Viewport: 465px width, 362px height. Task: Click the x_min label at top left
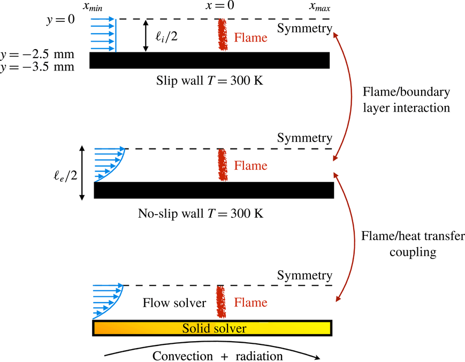[x=100, y=7]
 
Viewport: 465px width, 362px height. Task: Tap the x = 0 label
[x=219, y=6]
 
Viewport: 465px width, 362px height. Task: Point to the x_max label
[x=321, y=7]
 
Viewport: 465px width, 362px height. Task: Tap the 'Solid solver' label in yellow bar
[x=214, y=328]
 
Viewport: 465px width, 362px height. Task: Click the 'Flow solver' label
[x=174, y=303]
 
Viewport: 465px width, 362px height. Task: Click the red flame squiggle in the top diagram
[x=221, y=35]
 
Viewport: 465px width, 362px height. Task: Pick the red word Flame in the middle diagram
[x=250, y=166]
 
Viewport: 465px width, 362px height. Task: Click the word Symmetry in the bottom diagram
[x=304, y=276]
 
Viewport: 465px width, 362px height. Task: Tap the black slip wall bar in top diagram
[x=209, y=60]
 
